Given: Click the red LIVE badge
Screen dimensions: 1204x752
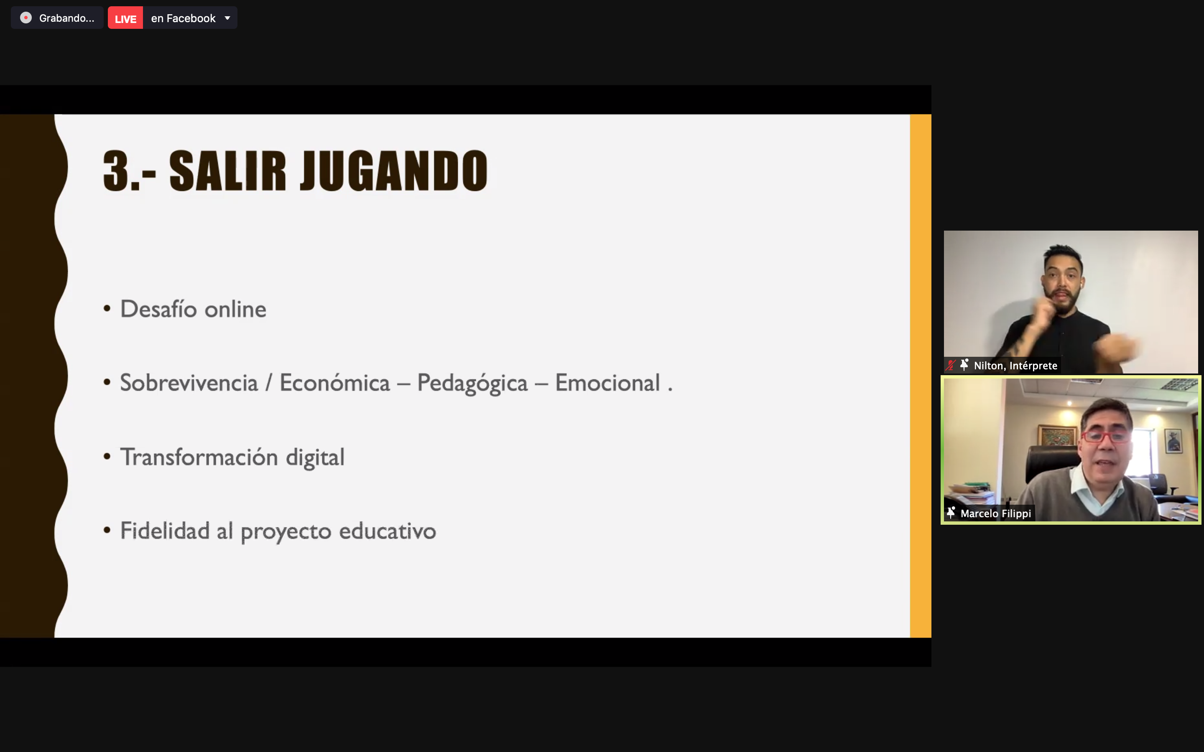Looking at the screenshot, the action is point(125,18).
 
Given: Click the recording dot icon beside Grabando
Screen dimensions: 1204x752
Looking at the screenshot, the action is point(26,18).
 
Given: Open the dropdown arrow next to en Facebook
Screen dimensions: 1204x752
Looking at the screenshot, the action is point(227,18).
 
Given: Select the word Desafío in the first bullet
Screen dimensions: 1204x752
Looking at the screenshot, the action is point(159,309).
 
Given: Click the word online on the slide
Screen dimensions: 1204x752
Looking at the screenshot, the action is point(235,309).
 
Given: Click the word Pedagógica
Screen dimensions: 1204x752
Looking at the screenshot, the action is point(472,384).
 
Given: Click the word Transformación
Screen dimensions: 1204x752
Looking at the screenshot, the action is point(199,457).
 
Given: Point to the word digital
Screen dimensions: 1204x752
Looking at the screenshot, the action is point(315,457).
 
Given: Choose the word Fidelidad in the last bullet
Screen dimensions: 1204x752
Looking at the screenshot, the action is point(165,530).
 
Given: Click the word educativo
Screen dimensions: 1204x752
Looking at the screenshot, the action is point(388,531).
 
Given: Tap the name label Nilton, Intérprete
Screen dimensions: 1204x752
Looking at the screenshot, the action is point(1015,366).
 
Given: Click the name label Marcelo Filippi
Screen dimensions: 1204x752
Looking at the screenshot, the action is point(995,513).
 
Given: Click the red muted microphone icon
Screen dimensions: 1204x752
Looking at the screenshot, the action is point(951,365).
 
